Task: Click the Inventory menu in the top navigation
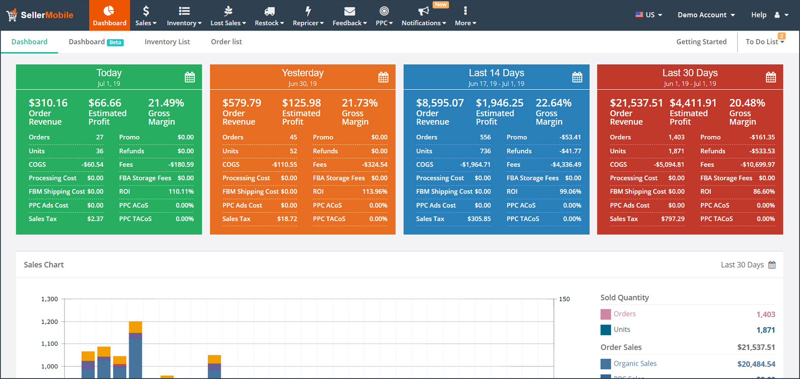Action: pyautogui.click(x=184, y=16)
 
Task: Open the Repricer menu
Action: pyautogui.click(x=308, y=16)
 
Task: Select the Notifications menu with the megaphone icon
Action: pyautogui.click(x=424, y=16)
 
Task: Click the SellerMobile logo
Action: pyautogui.click(x=40, y=15)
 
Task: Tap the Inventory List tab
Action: pyautogui.click(x=167, y=42)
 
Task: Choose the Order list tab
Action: pyautogui.click(x=226, y=42)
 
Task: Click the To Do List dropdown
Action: pyautogui.click(x=765, y=42)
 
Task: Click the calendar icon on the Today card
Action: pyautogui.click(x=190, y=77)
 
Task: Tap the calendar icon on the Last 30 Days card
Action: pyautogui.click(x=771, y=77)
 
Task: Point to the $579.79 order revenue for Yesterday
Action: pyautogui.click(x=242, y=103)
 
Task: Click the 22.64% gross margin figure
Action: pyautogui.click(x=553, y=103)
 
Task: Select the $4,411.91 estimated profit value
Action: pyautogui.click(x=693, y=103)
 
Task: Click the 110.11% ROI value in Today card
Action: pyautogui.click(x=181, y=192)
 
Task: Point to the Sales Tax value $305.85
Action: pyautogui.click(x=479, y=219)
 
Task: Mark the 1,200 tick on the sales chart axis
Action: pyautogui.click(x=49, y=322)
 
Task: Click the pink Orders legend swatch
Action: pyautogui.click(x=606, y=314)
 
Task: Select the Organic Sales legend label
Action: pyautogui.click(x=635, y=363)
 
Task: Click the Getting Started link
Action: pyautogui.click(x=701, y=42)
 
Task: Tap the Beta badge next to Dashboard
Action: pyautogui.click(x=115, y=42)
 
